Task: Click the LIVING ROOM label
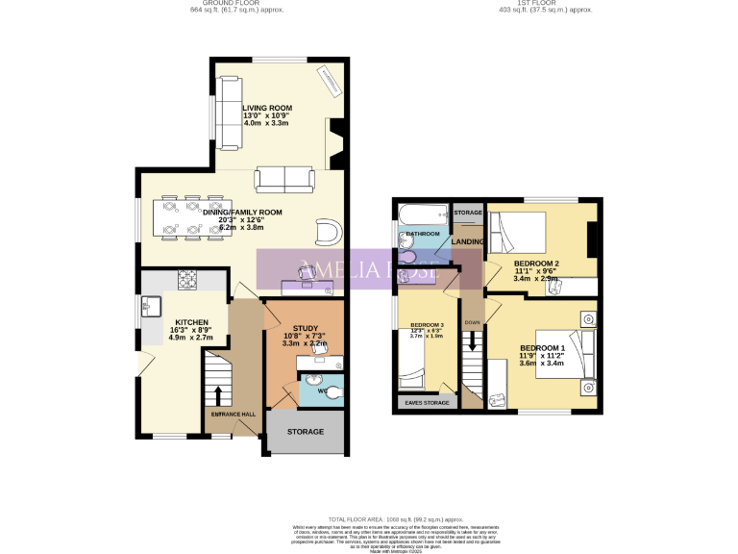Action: coord(267,108)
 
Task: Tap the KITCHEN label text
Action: coord(190,322)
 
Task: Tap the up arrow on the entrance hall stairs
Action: coord(218,394)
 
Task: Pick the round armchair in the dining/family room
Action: coord(328,231)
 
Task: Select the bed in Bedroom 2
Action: coord(517,232)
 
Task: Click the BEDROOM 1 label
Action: coord(543,348)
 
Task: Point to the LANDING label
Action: coord(468,240)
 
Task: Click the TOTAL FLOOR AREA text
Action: coord(368,517)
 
